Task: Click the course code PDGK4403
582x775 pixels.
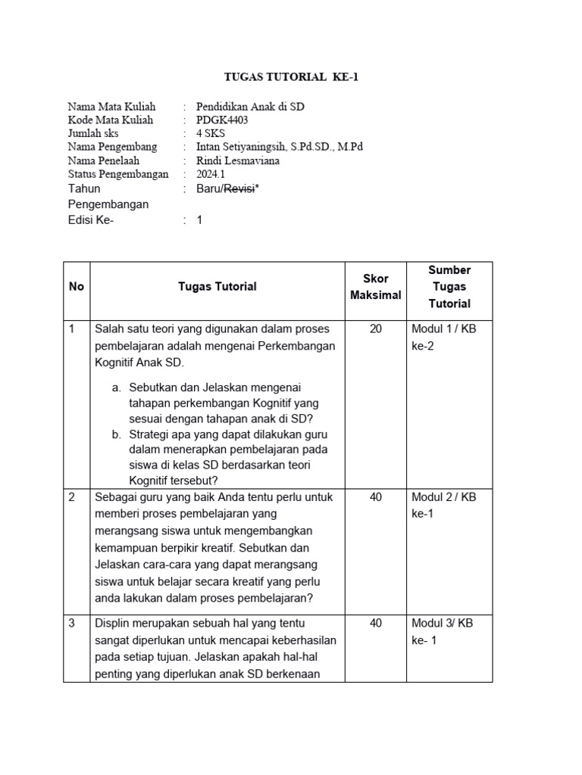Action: point(222,120)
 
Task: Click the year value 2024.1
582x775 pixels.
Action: point(212,174)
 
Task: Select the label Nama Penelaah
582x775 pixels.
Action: point(104,160)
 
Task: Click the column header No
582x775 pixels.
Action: point(77,286)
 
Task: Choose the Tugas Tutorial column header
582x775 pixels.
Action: point(217,286)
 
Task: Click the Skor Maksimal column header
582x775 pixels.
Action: point(376,287)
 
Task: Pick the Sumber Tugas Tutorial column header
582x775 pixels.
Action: point(449,287)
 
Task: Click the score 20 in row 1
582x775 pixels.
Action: point(376,329)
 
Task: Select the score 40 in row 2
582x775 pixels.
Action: point(376,497)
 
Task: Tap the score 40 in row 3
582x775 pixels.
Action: point(376,623)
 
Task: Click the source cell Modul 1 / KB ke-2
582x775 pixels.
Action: point(443,338)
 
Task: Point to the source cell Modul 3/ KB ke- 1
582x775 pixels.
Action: point(442,631)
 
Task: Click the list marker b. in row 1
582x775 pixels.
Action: point(116,434)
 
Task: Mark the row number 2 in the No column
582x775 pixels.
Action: point(72,497)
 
